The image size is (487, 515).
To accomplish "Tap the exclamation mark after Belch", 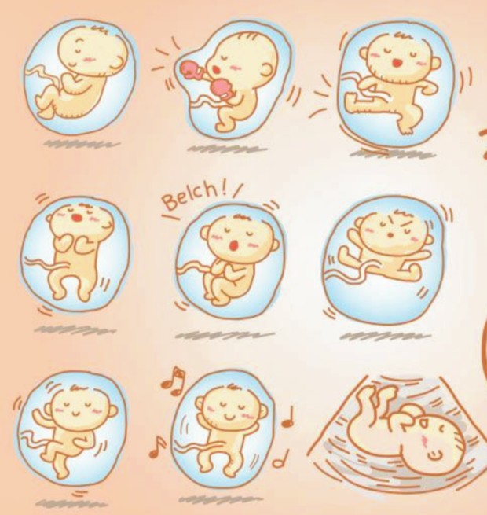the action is tap(225, 190).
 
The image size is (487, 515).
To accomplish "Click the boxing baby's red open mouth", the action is tap(216, 69).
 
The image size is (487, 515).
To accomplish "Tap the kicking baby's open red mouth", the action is tap(397, 63).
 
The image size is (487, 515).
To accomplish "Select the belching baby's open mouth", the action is tap(233, 245).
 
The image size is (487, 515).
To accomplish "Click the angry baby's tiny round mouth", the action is tap(390, 235).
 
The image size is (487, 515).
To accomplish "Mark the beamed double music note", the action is tap(174, 381).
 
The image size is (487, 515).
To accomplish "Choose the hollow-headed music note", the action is tap(281, 459).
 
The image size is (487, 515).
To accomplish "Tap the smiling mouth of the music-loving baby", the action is tap(230, 418).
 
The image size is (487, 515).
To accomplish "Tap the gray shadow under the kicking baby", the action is tap(392, 154).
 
